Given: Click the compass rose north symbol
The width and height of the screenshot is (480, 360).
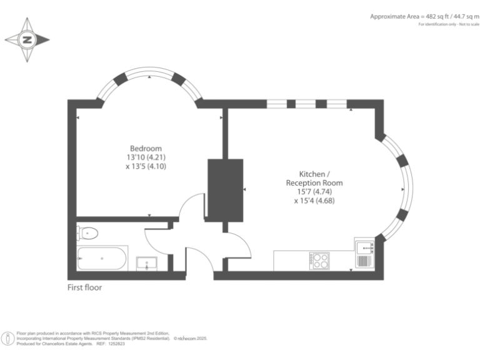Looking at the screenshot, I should [x=27, y=39].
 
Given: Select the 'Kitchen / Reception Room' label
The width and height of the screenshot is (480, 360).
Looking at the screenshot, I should [x=314, y=178].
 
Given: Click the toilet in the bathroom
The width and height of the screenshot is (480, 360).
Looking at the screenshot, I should [x=87, y=234].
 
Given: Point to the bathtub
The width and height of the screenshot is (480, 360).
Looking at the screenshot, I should [x=102, y=258].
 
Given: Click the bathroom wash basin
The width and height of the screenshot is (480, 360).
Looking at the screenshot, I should [x=147, y=263].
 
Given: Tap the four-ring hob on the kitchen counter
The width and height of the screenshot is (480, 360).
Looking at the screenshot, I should [x=320, y=259].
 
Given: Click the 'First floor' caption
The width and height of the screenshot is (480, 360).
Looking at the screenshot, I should [x=84, y=288].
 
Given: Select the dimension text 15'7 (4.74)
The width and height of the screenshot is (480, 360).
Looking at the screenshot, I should [x=314, y=192].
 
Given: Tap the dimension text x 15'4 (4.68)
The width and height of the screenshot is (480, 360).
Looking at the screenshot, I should [x=314, y=201].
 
